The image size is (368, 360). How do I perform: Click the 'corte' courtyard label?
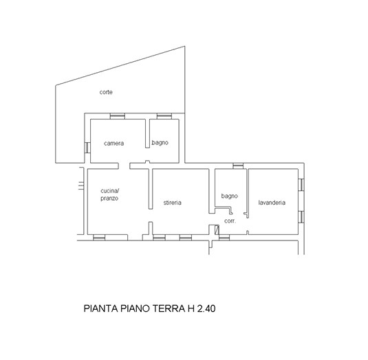tap(106, 92)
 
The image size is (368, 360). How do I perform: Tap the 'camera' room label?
tap(113, 143)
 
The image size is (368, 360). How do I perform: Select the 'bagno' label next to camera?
tap(160, 142)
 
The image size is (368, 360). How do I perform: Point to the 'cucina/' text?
tap(110, 191)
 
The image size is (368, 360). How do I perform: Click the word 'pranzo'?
tap(109, 199)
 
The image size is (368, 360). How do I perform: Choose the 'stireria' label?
tap(172, 203)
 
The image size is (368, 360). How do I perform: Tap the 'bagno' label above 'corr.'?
tap(230, 196)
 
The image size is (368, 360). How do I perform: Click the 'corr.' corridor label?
tap(230, 221)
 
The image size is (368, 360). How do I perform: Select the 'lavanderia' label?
tap(272, 203)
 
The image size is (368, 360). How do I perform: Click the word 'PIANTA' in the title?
tap(100, 308)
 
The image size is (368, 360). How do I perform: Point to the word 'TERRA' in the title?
tap(169, 308)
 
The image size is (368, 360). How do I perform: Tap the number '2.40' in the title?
tap(206, 308)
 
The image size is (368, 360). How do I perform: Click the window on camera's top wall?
tap(118, 116)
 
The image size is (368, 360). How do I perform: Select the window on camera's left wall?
tap(87, 148)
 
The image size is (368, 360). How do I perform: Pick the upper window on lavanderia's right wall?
tap(301, 184)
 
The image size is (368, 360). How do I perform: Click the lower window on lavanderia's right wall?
tap(301, 217)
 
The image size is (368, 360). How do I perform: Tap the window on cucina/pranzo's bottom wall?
tap(99, 238)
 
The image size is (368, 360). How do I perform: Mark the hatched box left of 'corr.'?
tap(217, 229)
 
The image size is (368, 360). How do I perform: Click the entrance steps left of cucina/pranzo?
tap(81, 185)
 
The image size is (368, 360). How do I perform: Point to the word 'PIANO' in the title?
tap(135, 308)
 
